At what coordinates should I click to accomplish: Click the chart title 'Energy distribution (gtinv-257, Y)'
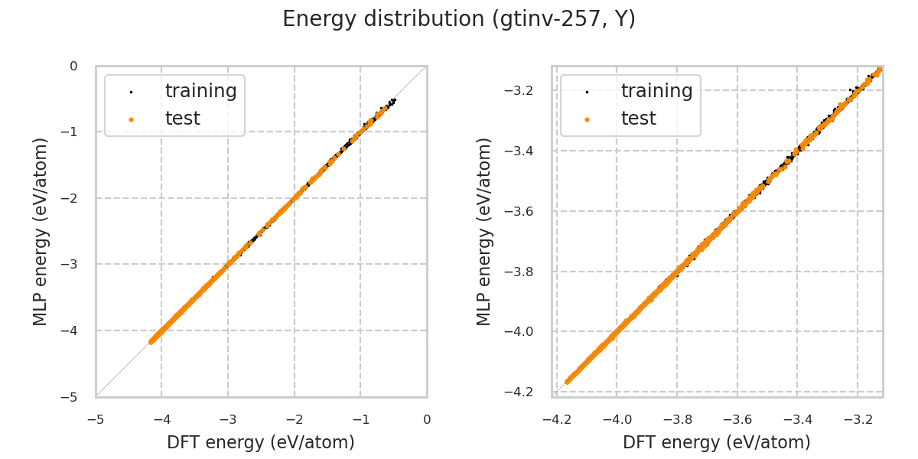click(x=459, y=19)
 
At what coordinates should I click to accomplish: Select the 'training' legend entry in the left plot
click(x=200, y=91)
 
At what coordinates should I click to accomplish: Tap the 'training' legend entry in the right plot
click(x=656, y=91)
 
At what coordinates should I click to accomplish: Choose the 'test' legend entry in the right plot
click(x=638, y=119)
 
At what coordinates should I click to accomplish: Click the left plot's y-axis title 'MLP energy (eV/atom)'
click(x=41, y=231)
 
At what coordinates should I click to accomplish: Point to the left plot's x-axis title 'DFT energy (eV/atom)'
click(x=261, y=442)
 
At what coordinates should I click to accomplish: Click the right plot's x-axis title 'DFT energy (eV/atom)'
click(x=717, y=442)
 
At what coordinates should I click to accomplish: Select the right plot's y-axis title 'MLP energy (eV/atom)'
click(x=484, y=231)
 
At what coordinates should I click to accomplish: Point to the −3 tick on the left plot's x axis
click(x=228, y=419)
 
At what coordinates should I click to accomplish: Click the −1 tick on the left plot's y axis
click(x=73, y=132)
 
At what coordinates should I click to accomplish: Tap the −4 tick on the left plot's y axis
click(x=73, y=330)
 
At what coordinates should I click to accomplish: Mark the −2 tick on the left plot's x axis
click(x=295, y=419)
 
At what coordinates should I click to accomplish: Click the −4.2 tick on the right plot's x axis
click(x=556, y=419)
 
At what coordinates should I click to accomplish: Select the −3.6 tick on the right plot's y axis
click(x=525, y=211)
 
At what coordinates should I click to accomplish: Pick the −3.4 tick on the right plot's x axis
click(x=796, y=419)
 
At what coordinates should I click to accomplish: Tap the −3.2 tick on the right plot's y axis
click(x=525, y=91)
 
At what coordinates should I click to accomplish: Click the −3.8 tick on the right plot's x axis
click(x=676, y=419)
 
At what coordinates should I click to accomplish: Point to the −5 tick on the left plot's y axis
click(x=73, y=397)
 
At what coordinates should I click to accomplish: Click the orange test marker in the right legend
click(x=587, y=119)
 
